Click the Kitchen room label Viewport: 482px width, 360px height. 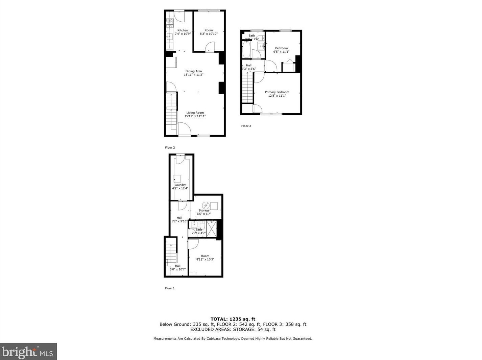point(183,30)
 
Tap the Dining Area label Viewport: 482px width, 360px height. point(193,71)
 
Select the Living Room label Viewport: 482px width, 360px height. point(195,113)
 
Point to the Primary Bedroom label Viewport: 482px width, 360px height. point(277,92)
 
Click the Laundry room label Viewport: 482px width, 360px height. point(180,185)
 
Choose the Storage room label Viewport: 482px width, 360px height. point(204,211)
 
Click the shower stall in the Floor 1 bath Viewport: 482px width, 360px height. point(211,229)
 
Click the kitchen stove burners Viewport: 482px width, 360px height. point(169,23)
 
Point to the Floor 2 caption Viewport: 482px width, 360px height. point(170,148)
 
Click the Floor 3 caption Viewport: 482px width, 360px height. point(246,126)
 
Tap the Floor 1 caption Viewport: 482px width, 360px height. point(170,288)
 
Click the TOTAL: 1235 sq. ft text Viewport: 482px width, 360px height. point(233,319)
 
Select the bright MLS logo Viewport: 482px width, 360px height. point(28,352)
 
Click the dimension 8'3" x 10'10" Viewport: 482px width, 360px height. point(209,34)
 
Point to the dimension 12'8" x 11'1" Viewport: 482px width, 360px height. point(277,96)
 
